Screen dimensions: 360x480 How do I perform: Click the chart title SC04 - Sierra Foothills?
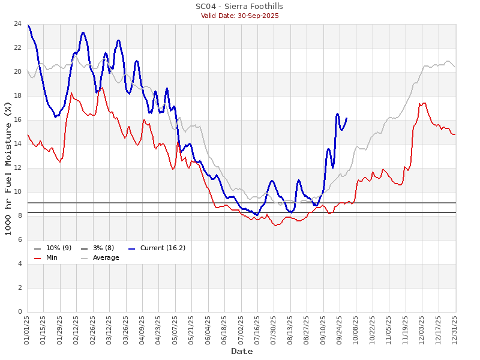tap(239, 7)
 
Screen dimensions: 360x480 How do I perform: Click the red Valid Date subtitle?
tap(239, 16)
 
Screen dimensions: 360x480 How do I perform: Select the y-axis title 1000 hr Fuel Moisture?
tap(8, 168)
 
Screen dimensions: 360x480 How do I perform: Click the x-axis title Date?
tap(242, 351)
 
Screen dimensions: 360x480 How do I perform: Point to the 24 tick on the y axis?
tap(18, 24)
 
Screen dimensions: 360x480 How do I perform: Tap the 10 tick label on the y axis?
tap(18, 192)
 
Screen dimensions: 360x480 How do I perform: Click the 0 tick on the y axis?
tap(20, 312)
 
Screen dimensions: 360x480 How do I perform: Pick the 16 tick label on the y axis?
tap(18, 120)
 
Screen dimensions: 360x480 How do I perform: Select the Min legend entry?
tap(52, 257)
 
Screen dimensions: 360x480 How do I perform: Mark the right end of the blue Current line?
tap(347, 118)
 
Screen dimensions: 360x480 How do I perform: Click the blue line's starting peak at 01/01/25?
tap(28, 26)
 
